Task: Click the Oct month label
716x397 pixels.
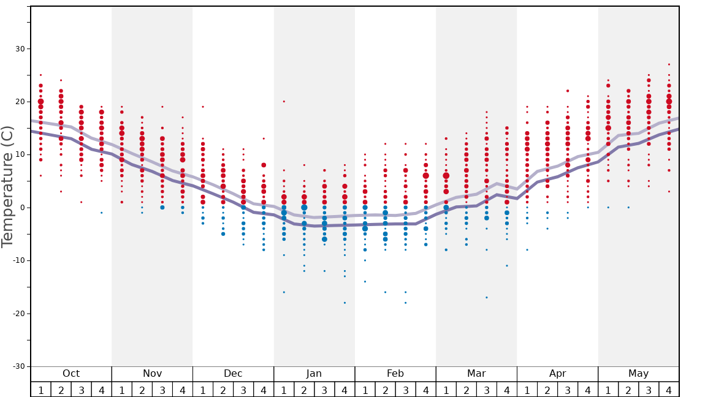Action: [x=71, y=374]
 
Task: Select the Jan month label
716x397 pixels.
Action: [x=314, y=374]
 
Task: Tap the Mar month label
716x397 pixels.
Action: [x=476, y=374]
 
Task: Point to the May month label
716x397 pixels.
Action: [x=638, y=374]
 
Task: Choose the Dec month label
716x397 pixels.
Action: [x=233, y=374]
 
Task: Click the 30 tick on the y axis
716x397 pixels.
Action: [x=19, y=49]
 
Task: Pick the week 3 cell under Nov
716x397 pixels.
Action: [x=162, y=390]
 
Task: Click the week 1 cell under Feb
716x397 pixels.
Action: [x=365, y=390]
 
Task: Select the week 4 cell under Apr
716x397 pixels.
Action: [x=588, y=390]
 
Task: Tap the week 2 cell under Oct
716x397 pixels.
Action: [x=61, y=390]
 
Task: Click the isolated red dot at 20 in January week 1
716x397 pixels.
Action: [x=284, y=102]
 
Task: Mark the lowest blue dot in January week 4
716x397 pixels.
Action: [x=345, y=303]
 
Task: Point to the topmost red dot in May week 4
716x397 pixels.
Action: [x=669, y=64]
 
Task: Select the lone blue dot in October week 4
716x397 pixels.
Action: [x=101, y=213]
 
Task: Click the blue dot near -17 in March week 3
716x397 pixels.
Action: [x=487, y=298]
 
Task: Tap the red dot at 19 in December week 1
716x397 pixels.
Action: [x=203, y=107]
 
